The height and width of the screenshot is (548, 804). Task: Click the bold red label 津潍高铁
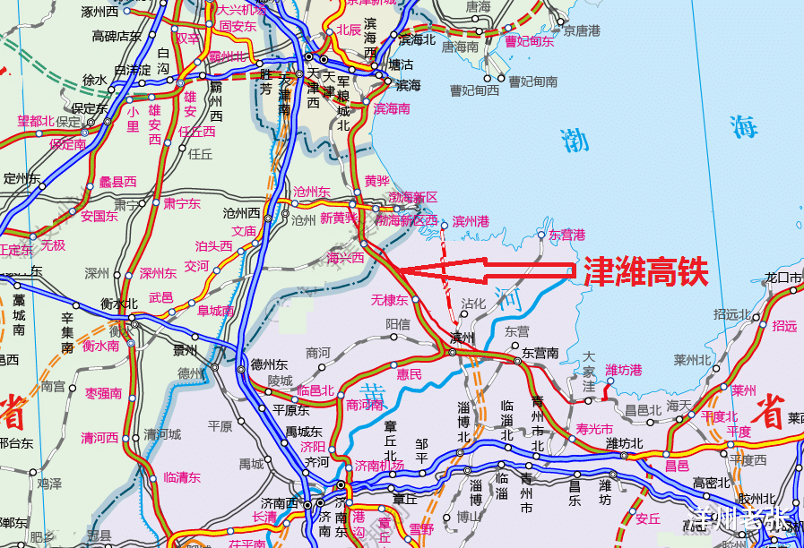(645, 270)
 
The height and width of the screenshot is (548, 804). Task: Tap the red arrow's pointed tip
(397, 270)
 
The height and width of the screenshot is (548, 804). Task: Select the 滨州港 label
(471, 220)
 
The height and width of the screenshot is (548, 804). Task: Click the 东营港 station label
(566, 235)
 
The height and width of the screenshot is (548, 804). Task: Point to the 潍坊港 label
(624, 370)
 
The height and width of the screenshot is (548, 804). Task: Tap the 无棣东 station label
(390, 300)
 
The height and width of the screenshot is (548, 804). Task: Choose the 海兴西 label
(345, 257)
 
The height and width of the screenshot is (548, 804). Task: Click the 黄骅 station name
(377, 180)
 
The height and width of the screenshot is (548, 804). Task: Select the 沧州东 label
(312, 192)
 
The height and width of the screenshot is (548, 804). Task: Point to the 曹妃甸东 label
(529, 40)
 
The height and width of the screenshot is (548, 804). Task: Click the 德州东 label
(270, 364)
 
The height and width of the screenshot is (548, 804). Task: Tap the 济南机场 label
(379, 465)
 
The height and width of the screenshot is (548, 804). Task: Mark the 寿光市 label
(595, 429)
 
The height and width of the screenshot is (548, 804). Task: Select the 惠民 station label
(410, 374)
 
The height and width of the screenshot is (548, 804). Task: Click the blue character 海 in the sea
(743, 126)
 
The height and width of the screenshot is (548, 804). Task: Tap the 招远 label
(784, 326)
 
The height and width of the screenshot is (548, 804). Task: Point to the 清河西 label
(99, 438)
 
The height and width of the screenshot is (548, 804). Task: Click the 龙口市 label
(783, 278)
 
